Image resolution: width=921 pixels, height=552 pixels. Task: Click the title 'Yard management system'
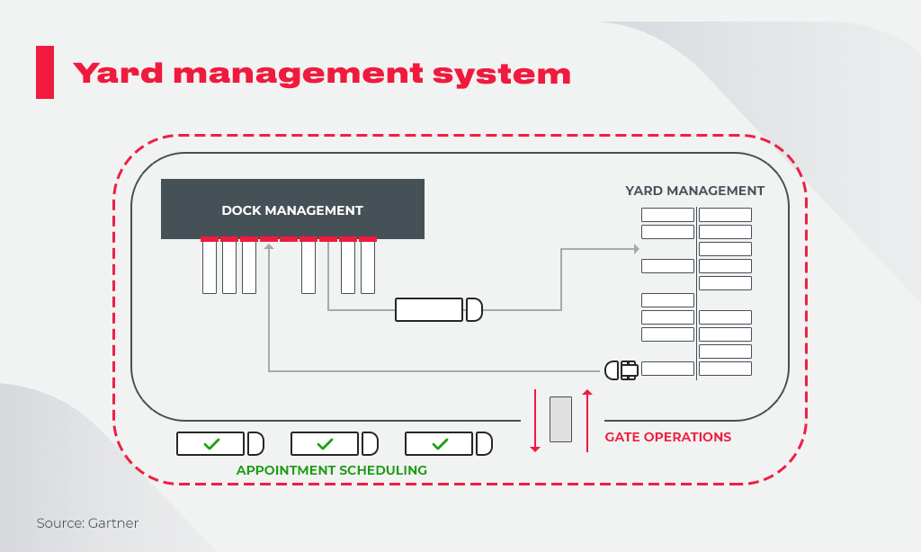[x=321, y=73]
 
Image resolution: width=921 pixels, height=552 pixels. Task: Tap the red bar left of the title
[x=44, y=72]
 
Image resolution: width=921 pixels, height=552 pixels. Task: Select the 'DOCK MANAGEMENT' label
[x=292, y=210]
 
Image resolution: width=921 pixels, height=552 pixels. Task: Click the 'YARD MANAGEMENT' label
[x=694, y=191]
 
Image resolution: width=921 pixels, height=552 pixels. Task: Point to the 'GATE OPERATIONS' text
[x=667, y=437]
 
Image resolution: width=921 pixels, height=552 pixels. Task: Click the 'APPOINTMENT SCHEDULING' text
[x=331, y=470]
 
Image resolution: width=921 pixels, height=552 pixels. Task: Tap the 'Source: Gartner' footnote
[x=87, y=523]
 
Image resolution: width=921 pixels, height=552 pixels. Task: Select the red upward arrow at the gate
[x=587, y=420]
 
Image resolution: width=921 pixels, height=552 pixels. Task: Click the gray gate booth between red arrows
[x=560, y=419]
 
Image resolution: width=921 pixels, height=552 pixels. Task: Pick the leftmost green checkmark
[x=211, y=444]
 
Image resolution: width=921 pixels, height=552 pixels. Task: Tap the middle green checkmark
[x=326, y=444]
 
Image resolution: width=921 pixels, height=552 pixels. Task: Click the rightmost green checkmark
[x=440, y=444]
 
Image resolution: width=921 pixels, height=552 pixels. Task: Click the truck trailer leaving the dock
[x=429, y=309]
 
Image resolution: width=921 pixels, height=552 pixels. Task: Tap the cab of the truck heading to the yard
[x=474, y=309]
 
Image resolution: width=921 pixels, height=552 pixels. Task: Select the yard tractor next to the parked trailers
[x=621, y=369]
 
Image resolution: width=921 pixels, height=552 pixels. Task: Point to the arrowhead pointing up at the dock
[x=269, y=246]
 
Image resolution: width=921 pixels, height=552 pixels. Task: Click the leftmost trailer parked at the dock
[x=210, y=267]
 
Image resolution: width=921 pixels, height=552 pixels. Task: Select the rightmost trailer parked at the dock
[x=368, y=267]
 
